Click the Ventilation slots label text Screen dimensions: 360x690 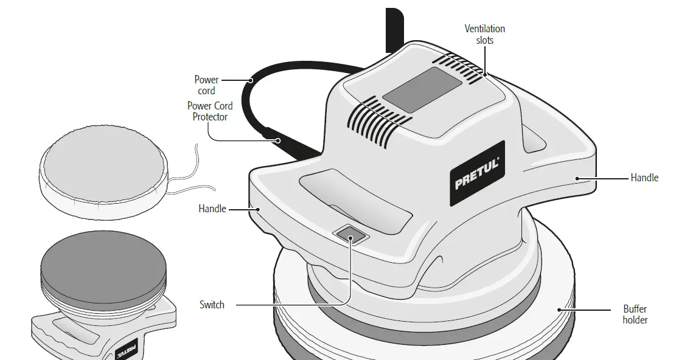coord(484,34)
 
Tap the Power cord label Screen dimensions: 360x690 coord(206,85)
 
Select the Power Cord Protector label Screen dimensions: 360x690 coord(209,111)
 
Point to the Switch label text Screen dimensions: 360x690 coord(212,305)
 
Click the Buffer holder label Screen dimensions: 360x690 coord(635,314)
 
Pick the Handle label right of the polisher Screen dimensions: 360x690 coord(644,178)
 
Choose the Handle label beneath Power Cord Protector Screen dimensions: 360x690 coord(212,209)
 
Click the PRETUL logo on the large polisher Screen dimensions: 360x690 coord(478,174)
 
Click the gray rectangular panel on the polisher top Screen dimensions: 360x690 coord(420,89)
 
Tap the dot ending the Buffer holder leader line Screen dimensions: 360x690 coord(558,309)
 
